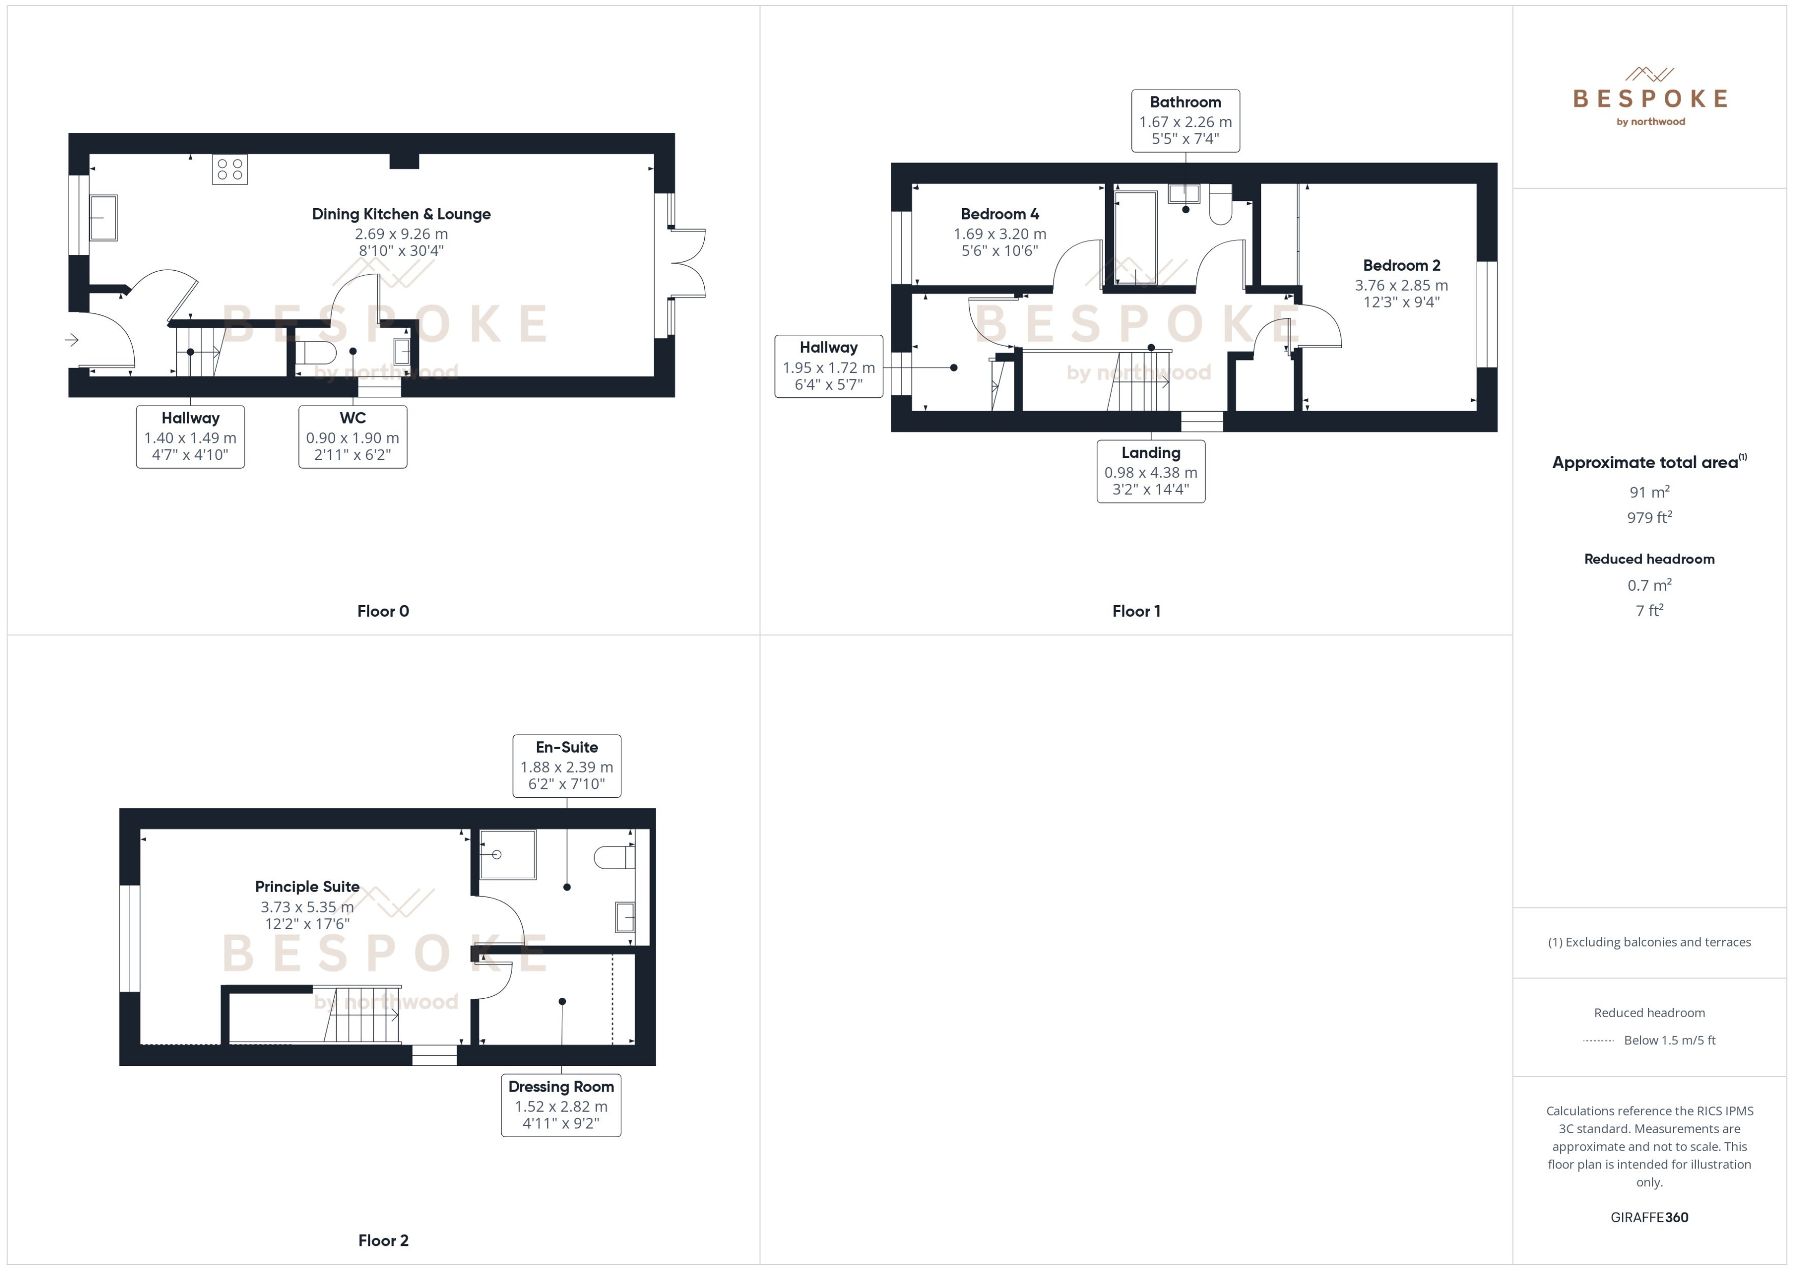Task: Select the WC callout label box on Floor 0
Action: tap(353, 436)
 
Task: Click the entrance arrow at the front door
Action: tap(72, 339)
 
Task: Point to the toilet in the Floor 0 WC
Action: tap(315, 352)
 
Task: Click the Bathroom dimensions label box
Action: tap(1185, 120)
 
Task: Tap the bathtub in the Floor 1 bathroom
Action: tap(1135, 237)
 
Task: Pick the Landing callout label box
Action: tap(1151, 471)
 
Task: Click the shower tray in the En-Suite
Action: tap(507, 854)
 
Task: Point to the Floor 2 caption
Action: tap(383, 1240)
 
